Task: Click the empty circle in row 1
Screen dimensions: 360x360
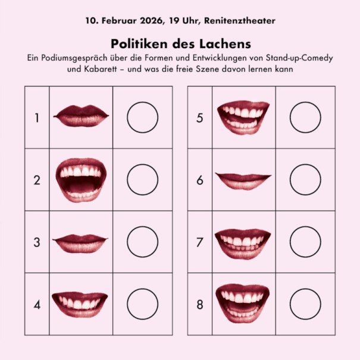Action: pos(142,117)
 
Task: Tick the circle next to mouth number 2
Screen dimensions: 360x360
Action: pos(142,179)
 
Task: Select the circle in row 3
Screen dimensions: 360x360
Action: pos(142,242)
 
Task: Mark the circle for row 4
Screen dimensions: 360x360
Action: pos(142,304)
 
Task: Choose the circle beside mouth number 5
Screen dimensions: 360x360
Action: pos(306,117)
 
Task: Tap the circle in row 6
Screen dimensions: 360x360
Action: pos(306,179)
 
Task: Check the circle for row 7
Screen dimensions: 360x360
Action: pos(306,242)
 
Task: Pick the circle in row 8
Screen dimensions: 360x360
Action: pos(306,304)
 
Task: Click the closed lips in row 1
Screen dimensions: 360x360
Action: pos(81,116)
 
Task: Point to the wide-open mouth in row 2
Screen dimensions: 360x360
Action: pos(81,180)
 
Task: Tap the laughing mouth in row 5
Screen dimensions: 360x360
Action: pos(243,117)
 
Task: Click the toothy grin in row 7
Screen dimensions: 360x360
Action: pos(243,243)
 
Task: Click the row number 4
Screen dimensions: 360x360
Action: pos(37,305)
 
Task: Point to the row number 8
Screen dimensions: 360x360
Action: pos(199,305)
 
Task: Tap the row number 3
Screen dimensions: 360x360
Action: pos(37,242)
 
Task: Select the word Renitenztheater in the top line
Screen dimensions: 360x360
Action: pos(239,21)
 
